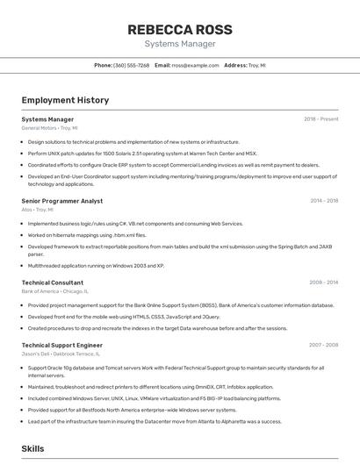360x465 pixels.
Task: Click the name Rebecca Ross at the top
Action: (x=179, y=29)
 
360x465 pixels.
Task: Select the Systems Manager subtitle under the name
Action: (x=179, y=43)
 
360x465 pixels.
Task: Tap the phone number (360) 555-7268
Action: (x=131, y=66)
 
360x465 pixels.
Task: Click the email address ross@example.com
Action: (x=195, y=66)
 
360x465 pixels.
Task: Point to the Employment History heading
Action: (x=65, y=100)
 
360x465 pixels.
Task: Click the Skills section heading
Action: (x=32, y=448)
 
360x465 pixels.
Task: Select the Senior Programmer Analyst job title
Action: (x=61, y=201)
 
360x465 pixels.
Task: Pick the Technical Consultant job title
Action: (x=52, y=283)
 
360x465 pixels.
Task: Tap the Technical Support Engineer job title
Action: (x=61, y=345)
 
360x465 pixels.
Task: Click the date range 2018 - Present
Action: (x=320, y=119)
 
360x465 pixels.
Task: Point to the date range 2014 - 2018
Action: (x=324, y=201)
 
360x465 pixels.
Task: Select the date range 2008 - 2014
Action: (x=323, y=283)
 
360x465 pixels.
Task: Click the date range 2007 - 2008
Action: (x=323, y=345)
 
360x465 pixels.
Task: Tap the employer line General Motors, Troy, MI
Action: (x=49, y=128)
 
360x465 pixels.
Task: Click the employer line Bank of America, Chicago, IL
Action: (x=54, y=291)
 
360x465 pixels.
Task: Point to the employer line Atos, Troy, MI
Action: (x=37, y=210)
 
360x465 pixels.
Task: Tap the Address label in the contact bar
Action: (x=235, y=66)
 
